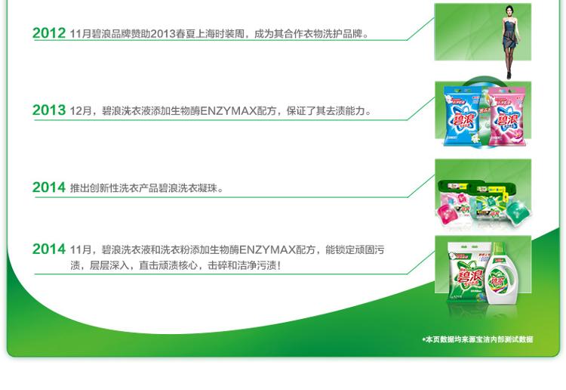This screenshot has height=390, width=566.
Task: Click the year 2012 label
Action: [x=49, y=33]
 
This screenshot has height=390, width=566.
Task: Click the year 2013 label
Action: [x=49, y=110]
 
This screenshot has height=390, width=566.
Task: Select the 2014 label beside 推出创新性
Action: [x=49, y=187]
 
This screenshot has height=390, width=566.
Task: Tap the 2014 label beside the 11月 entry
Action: [x=49, y=249]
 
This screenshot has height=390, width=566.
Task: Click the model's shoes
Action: [x=509, y=75]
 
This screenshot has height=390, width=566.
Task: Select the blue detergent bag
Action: [x=463, y=116]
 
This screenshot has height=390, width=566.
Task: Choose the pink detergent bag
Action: [x=506, y=116]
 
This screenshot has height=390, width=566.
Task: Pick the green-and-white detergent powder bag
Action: [x=467, y=272]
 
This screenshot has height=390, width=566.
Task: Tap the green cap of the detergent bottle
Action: [x=499, y=249]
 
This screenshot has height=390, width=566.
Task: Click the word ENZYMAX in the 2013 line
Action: [x=228, y=110]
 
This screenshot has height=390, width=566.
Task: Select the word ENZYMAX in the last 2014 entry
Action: [x=267, y=249]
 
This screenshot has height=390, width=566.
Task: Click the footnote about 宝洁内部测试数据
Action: [x=478, y=339]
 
